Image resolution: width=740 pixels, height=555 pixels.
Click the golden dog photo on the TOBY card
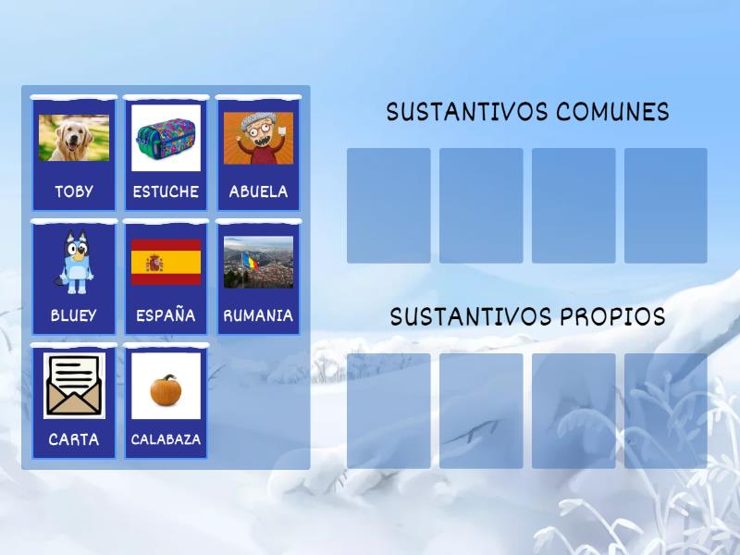[x=74, y=138]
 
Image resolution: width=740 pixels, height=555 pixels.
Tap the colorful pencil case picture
[x=166, y=138]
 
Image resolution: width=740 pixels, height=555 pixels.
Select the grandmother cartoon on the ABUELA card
[x=258, y=138]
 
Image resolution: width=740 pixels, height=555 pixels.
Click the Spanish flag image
[x=166, y=262]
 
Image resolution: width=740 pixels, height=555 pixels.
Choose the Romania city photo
[x=258, y=262]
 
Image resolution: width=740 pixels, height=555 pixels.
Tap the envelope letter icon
[x=74, y=386]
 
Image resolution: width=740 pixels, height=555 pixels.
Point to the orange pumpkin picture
[x=166, y=388]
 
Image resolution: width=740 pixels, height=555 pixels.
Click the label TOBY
[x=74, y=191]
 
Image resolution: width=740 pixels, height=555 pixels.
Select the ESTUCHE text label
[x=166, y=191]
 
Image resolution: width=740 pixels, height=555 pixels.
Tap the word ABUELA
[x=258, y=191]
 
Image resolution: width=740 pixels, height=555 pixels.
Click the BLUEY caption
[x=74, y=315]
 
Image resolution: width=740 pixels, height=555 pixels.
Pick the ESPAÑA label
[x=166, y=315]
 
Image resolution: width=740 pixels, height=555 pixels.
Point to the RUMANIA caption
[x=258, y=315]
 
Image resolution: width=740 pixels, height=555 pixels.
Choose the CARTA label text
[x=74, y=439]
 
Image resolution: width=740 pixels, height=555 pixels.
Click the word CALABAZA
[x=166, y=439]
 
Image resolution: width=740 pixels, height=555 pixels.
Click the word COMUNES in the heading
[x=612, y=112]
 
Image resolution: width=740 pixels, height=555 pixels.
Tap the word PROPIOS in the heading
[x=607, y=317]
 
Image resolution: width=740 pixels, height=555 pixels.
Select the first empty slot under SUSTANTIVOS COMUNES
[x=388, y=205]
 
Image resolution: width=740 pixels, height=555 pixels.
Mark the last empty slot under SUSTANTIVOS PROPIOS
[x=666, y=411]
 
